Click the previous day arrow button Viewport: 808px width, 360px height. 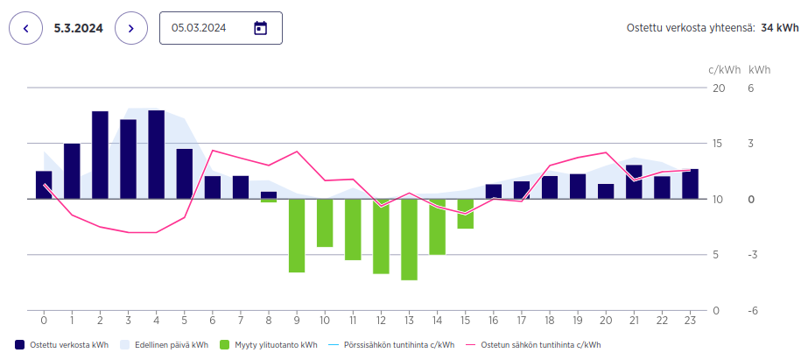point(25,28)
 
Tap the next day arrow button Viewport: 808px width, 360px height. point(131,28)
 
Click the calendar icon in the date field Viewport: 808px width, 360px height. point(260,28)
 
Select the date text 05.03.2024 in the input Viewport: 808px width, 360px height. point(199,28)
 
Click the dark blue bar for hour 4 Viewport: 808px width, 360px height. point(157,155)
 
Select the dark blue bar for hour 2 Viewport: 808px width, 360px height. point(100,155)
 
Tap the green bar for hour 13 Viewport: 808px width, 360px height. point(409,239)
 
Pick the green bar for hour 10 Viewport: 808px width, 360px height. point(325,222)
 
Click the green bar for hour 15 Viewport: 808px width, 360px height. point(466,214)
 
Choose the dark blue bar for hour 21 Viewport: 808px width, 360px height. point(634,181)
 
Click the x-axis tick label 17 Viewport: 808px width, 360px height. point(522,319)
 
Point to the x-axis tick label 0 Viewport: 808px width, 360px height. point(44,319)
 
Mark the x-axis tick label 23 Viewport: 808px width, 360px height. point(690,319)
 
